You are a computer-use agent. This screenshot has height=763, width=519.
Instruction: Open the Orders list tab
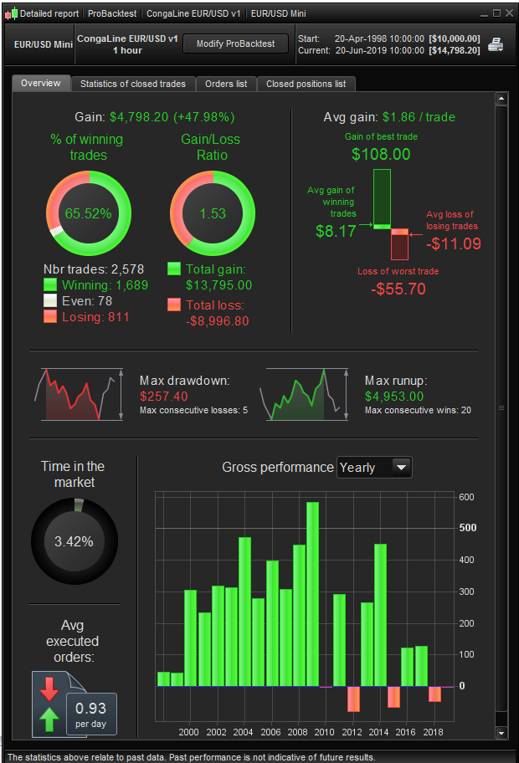pos(225,84)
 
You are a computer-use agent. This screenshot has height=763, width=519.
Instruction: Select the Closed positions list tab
pos(306,84)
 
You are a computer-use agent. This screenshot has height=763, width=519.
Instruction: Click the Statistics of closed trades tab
pos(134,84)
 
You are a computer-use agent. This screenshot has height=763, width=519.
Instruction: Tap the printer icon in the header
pos(496,44)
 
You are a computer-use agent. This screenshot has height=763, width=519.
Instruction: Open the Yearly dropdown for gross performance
pos(374,468)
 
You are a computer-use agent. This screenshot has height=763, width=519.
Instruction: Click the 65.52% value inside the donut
pos(88,213)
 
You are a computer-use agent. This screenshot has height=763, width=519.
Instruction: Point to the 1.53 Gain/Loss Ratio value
pos(212,213)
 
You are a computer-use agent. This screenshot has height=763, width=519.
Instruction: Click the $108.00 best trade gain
pos(381,154)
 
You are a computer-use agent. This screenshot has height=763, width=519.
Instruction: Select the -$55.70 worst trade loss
pos(398,289)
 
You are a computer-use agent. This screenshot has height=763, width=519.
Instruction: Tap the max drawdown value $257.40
pos(164,396)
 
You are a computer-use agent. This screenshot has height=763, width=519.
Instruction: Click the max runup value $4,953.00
pos(394,396)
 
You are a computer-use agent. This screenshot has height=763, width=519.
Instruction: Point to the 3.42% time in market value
pos(74,541)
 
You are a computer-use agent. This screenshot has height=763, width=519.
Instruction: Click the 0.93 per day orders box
pos(90,714)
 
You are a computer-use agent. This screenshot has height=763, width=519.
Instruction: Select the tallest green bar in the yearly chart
pos(312,594)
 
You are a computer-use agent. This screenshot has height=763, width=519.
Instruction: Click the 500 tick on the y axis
pos(467,528)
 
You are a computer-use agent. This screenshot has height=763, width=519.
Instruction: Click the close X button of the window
pos(509,13)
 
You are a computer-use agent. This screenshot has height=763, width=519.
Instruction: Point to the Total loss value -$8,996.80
pos(217,321)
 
